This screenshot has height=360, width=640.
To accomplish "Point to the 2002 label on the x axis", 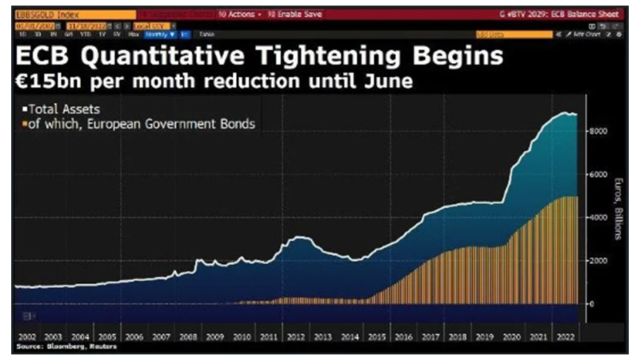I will [x=27, y=338].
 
